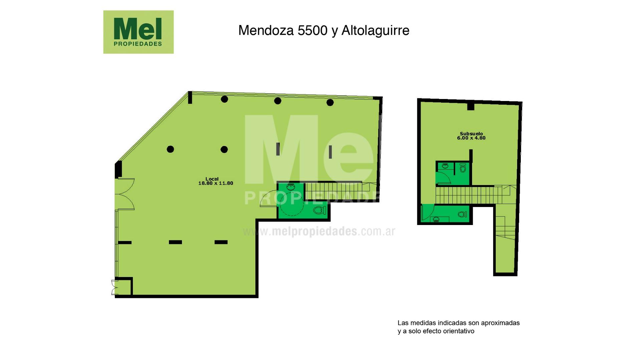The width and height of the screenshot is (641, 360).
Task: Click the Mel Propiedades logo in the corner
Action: (x=138, y=32)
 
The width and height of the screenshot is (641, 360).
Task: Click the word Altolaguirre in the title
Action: (x=375, y=31)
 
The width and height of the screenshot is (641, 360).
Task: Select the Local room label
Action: (x=212, y=179)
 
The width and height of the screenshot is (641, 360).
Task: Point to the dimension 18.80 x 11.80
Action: (x=216, y=183)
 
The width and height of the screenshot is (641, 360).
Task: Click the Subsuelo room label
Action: (x=471, y=134)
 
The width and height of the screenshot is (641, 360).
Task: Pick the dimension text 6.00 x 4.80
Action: (x=471, y=138)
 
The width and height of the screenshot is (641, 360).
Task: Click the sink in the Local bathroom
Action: (x=291, y=186)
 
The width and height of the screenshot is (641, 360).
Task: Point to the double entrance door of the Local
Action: (x=125, y=194)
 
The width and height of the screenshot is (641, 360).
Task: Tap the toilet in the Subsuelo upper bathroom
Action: (x=463, y=168)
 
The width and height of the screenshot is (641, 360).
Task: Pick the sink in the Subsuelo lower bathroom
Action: (x=436, y=219)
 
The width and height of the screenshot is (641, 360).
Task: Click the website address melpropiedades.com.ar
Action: (x=319, y=231)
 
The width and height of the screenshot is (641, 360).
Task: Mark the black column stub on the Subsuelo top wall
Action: (x=471, y=107)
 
